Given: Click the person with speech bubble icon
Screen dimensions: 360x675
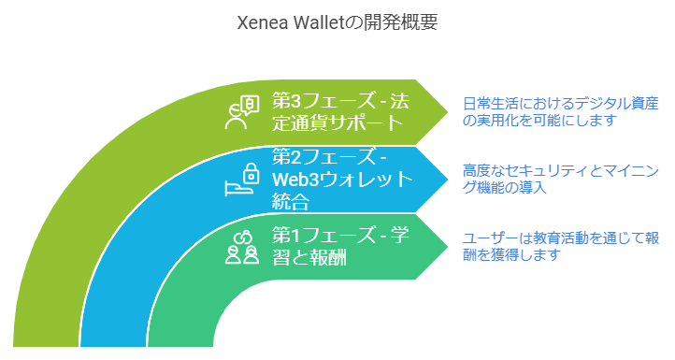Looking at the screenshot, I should [x=241, y=112].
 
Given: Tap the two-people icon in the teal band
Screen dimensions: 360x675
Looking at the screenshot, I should [x=241, y=247].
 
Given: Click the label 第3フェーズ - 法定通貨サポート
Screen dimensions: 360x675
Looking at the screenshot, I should [x=337, y=111].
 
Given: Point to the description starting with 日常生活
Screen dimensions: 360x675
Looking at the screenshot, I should [x=560, y=111].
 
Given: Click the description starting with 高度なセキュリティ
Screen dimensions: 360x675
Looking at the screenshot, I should [x=555, y=179].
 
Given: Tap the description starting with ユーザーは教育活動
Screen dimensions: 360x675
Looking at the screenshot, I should [x=560, y=246].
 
